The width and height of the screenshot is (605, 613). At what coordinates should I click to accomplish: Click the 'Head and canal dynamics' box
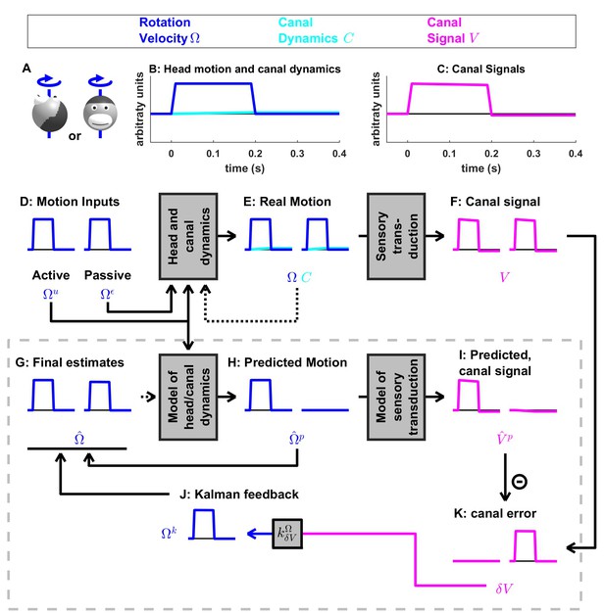pos(188,237)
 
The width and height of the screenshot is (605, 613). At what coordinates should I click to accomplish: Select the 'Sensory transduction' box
pos(396,237)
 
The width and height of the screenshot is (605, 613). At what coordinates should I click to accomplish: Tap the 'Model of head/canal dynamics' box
pos(188,398)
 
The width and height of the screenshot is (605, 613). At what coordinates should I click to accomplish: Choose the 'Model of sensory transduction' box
pos(396,398)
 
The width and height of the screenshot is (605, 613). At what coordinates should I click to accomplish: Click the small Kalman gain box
pos(287,534)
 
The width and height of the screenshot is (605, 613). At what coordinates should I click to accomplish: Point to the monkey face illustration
pos(100,113)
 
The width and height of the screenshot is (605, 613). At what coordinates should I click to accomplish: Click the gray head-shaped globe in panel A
pos(49,115)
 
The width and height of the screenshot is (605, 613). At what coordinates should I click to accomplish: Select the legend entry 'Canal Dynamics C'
pos(316,30)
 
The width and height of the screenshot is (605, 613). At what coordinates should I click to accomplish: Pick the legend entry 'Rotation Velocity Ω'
pos(170,30)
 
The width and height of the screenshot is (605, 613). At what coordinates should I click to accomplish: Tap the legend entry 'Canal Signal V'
pos(453,30)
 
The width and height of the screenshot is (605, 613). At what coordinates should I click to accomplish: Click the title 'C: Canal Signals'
pos(480,69)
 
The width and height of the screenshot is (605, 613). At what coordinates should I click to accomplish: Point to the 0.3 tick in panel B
pos(297,154)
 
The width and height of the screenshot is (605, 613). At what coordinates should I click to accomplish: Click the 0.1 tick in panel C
pos(449,154)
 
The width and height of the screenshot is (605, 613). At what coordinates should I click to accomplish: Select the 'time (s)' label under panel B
pos(245,168)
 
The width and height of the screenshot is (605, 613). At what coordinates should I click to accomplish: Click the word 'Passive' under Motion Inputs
pos(108,275)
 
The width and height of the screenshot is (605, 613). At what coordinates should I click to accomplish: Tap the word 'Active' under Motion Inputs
pos(51,275)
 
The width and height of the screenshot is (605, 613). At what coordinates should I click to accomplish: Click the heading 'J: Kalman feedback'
pos(239,495)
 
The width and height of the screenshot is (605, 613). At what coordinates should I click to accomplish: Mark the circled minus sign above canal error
pos(520,481)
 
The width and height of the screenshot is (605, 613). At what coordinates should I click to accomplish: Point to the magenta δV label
pos(504,589)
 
